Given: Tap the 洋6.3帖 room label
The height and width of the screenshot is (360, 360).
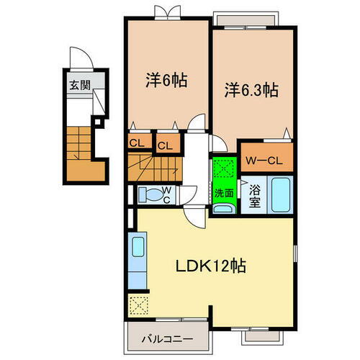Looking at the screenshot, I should point(251,91).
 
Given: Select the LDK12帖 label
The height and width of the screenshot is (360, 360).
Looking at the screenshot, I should point(212,266).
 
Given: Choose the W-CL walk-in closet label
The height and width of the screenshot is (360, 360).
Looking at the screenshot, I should point(266,158).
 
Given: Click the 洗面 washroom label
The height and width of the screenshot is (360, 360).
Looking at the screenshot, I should point(223,193).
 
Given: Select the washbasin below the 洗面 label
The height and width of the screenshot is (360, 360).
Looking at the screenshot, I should point(223,209).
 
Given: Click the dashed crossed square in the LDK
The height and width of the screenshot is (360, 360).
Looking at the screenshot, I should point(137,306).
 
